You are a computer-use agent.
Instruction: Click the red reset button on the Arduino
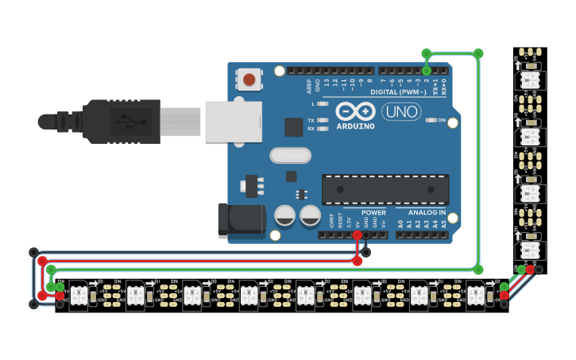tap(249, 79)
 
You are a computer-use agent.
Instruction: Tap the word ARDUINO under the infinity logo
tap(355, 126)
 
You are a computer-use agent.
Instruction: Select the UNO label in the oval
tap(401, 112)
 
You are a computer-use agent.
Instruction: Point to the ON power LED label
tap(441, 120)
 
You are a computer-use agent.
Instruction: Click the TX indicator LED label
tap(311, 120)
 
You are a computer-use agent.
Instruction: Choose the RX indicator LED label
tap(311, 128)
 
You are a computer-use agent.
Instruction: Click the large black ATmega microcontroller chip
tap(385, 190)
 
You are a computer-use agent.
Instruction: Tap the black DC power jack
tap(241, 220)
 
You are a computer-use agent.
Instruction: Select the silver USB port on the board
tap(233, 122)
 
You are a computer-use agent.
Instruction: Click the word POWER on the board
tap(373, 213)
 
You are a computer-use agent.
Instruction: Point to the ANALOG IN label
tap(427, 213)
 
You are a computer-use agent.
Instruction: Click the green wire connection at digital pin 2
tap(427, 71)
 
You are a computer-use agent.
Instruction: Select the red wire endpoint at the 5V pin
tap(358, 235)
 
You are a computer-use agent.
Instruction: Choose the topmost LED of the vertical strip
tap(529, 80)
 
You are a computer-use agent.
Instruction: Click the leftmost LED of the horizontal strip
tap(79, 296)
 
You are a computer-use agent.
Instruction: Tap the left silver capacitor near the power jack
tap(285, 215)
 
